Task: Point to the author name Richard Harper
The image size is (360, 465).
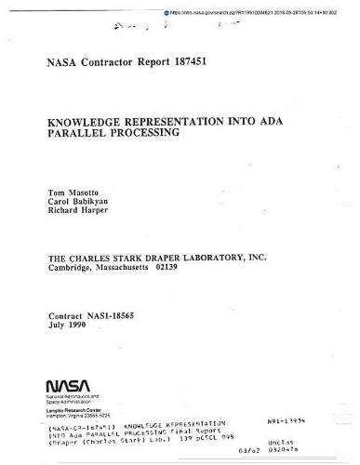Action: click(78, 211)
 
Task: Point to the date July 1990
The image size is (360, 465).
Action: click(71, 325)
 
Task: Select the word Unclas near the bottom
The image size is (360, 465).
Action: click(306, 444)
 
